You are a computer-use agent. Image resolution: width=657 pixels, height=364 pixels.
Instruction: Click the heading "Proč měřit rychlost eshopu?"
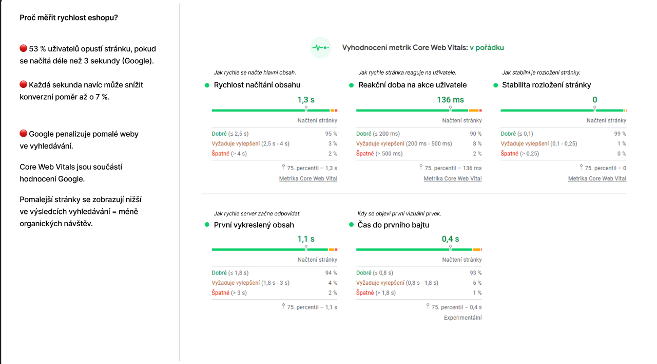coord(69,18)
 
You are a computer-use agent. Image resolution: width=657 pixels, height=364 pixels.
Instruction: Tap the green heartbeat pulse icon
coord(320,48)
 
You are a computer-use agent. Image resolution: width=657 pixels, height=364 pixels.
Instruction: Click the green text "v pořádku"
coord(487,48)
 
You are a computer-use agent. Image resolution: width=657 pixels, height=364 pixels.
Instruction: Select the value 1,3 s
coord(306,100)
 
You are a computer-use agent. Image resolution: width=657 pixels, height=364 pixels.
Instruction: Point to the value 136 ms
coord(450,100)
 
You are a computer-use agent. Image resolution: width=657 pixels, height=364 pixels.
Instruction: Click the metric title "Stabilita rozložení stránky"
coord(546,85)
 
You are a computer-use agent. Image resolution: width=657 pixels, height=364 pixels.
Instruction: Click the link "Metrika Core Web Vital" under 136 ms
coord(452,178)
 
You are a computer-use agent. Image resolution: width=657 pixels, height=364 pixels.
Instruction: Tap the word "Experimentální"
coord(462,318)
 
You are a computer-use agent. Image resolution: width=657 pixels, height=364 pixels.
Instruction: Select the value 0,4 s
coord(450,239)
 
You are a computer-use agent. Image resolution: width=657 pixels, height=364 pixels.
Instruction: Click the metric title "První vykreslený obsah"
coord(254,225)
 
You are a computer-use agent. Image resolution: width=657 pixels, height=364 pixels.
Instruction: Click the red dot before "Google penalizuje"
coord(23,134)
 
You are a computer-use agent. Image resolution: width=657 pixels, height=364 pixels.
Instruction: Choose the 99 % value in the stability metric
coord(621,134)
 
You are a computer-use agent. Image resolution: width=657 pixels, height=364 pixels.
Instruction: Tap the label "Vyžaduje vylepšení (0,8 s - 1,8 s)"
coord(397,283)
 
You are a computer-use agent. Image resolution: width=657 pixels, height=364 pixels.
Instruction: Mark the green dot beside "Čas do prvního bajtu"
coord(352,225)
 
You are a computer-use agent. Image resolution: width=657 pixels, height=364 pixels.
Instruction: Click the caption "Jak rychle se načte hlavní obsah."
coord(255,72)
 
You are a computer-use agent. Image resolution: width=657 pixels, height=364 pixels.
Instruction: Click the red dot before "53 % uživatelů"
coord(23,48)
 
